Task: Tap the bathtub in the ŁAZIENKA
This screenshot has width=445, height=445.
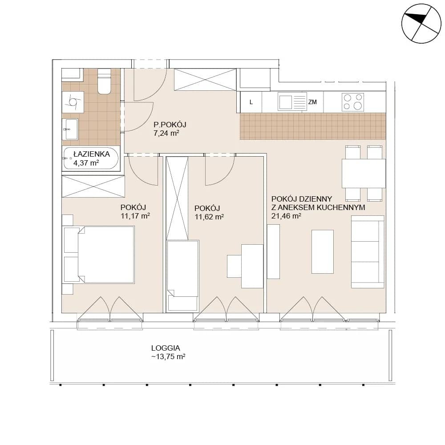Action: click(x=91, y=158)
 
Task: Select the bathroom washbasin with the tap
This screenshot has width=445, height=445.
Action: click(x=70, y=129)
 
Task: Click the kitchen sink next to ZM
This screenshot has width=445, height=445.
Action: click(x=292, y=102)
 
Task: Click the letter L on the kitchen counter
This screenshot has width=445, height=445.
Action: click(x=251, y=102)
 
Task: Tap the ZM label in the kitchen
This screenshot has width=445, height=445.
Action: click(x=312, y=102)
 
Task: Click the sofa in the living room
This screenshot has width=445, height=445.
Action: click(x=368, y=252)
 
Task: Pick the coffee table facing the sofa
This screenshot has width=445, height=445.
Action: click(x=322, y=252)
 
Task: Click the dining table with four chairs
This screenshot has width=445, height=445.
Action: click(x=364, y=173)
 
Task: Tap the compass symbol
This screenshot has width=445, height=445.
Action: click(x=421, y=24)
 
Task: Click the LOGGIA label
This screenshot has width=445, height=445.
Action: click(x=166, y=348)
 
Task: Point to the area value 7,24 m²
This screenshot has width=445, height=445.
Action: click(x=166, y=133)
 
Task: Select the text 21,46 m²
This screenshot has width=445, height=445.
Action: click(x=286, y=216)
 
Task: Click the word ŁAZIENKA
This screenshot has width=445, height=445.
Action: click(x=92, y=154)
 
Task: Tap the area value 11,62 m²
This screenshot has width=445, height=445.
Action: click(x=209, y=217)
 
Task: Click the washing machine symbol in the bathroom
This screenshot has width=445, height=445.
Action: click(x=73, y=102)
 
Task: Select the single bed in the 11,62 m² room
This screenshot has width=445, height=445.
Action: click(x=182, y=276)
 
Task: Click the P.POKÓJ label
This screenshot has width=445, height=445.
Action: click(x=170, y=124)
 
